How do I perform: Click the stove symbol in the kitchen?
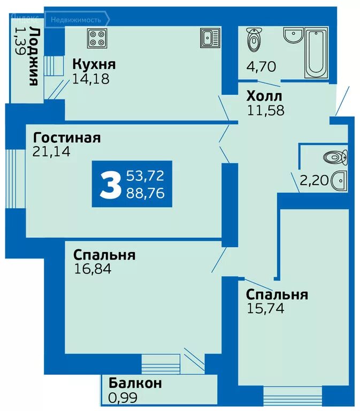pos(98,38)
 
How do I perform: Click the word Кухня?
pos(94,65)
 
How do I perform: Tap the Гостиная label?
pos(66,138)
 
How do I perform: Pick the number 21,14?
pos(51,152)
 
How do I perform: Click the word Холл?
pos(265,96)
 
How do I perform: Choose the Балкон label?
pos(135,383)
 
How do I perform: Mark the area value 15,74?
pos(265,308)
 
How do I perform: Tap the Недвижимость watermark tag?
pos(76,20)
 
